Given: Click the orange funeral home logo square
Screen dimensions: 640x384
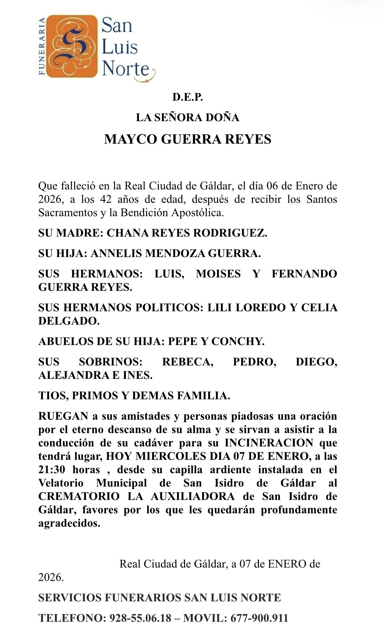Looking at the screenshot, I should [x=72, y=46].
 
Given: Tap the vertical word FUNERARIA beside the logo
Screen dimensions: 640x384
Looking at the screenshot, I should [x=42, y=46].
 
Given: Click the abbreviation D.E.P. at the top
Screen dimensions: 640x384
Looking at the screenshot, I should [x=188, y=97].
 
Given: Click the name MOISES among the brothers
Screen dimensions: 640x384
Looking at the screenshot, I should [x=218, y=274].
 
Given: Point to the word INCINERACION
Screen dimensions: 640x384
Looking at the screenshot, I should [x=269, y=443].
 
